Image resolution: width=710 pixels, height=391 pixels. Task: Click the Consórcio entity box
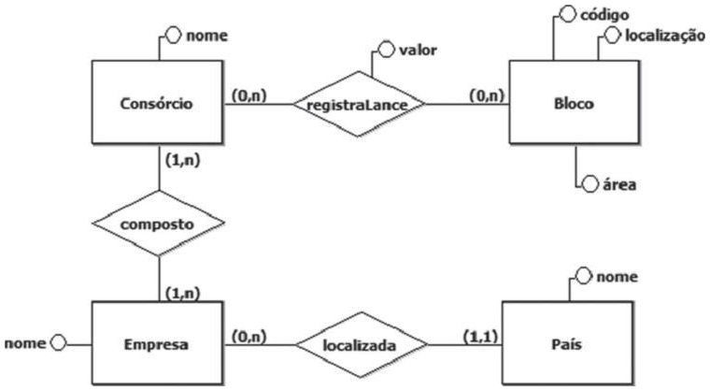tap(157, 103)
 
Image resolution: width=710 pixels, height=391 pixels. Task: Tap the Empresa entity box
tap(157, 343)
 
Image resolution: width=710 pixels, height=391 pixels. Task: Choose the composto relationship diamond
tap(157, 224)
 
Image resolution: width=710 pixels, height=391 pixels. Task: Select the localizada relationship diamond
tap(361, 343)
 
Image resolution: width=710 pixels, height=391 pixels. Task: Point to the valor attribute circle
tap(384, 49)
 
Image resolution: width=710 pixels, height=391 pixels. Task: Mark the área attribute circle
tap(589, 184)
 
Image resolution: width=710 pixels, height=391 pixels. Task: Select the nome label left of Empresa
tap(22, 342)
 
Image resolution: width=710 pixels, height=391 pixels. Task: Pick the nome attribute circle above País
tap(583, 277)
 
